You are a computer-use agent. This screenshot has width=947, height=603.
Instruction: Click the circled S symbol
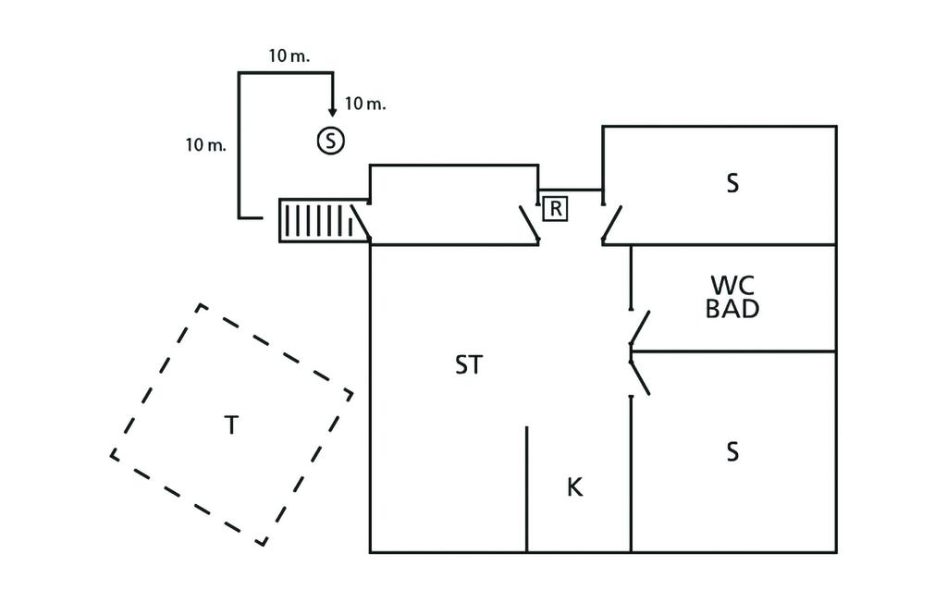coord(330,141)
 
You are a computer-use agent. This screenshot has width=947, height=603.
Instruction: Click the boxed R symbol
coord(555,209)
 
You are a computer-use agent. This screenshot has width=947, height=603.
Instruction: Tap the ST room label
coord(469,365)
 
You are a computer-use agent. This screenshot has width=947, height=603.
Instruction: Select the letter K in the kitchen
coord(574,487)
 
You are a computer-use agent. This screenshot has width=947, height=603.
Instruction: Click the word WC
coord(732,285)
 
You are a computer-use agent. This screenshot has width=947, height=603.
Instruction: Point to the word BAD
coord(732,308)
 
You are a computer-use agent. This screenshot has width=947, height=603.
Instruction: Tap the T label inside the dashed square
coord(231,425)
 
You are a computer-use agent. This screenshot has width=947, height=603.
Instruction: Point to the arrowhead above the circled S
coord(332,112)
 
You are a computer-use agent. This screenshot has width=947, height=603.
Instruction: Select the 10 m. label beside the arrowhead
coord(364,104)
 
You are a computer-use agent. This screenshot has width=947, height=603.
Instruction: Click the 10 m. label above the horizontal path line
coord(289,56)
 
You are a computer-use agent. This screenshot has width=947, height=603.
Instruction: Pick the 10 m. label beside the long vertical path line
coord(206,145)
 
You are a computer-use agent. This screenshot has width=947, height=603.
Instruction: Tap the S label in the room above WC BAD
coord(732,183)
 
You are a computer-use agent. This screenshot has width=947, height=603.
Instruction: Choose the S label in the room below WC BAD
coord(732,452)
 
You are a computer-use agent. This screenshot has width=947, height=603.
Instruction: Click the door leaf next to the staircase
coord(361,223)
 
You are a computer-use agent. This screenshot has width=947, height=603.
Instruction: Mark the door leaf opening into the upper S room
coord(611,223)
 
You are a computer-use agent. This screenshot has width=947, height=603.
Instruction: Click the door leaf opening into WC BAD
coord(640,327)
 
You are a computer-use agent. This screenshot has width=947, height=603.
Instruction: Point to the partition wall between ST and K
coord(526,489)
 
